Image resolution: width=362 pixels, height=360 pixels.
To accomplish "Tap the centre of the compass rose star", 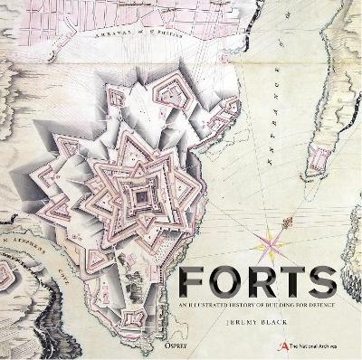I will tap(271, 242).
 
